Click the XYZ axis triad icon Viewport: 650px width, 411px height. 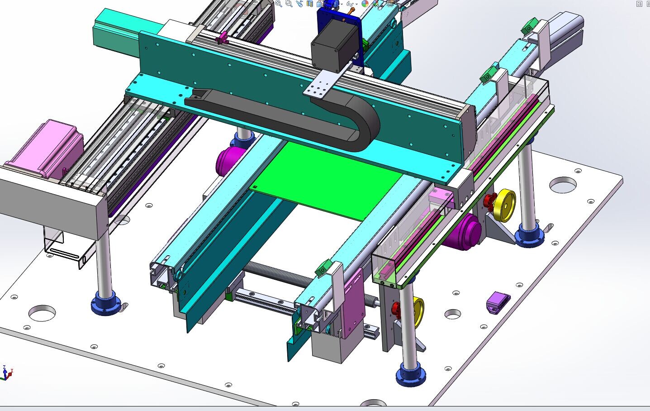(6, 373)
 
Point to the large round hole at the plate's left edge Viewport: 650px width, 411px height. (42, 312)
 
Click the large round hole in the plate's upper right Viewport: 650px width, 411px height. (563, 184)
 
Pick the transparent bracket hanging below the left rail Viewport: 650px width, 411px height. (63, 247)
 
